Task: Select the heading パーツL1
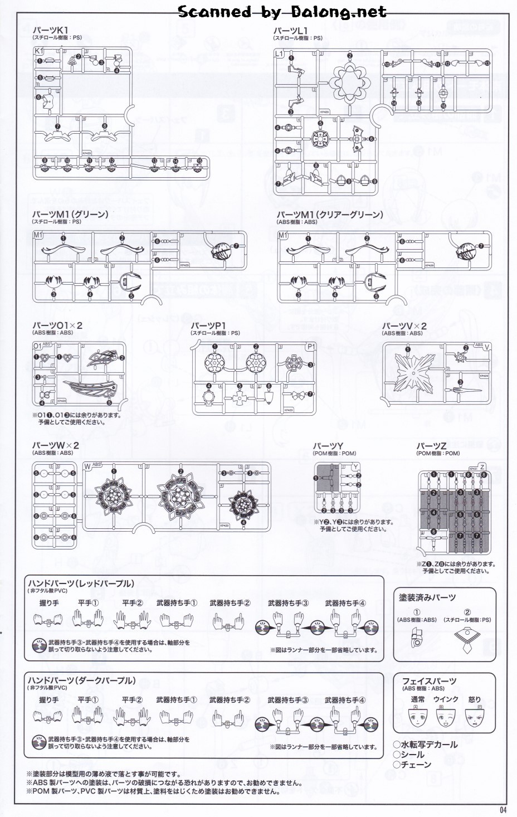291,30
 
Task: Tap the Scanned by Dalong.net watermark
282,11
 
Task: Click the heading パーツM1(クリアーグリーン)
330,215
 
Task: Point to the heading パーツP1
208,325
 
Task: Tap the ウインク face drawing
446,718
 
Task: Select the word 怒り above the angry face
474,699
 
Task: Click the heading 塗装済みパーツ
427,597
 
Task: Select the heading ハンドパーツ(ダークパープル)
81,680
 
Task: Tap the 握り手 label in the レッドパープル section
49,603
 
